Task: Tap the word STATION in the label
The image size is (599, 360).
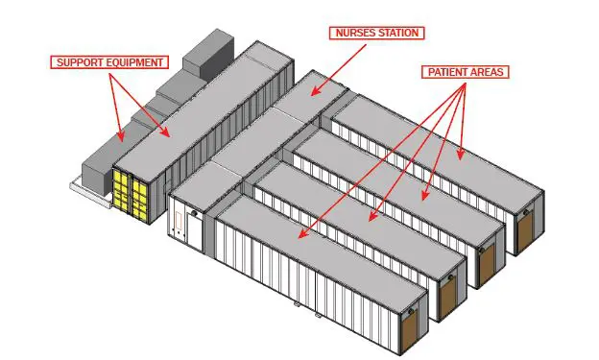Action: (397, 33)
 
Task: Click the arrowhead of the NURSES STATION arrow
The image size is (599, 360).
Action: (316, 90)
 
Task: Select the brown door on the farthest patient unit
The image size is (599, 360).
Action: (526, 227)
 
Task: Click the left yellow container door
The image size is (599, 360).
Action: (122, 193)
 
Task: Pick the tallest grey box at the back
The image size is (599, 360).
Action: (208, 56)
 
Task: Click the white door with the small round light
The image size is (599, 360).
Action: (195, 231)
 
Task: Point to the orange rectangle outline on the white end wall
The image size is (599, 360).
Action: (178, 221)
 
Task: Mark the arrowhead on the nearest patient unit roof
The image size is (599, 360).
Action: (303, 233)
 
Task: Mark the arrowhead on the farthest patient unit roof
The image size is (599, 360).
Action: (461, 154)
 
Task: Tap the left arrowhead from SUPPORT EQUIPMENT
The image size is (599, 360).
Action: (120, 135)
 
